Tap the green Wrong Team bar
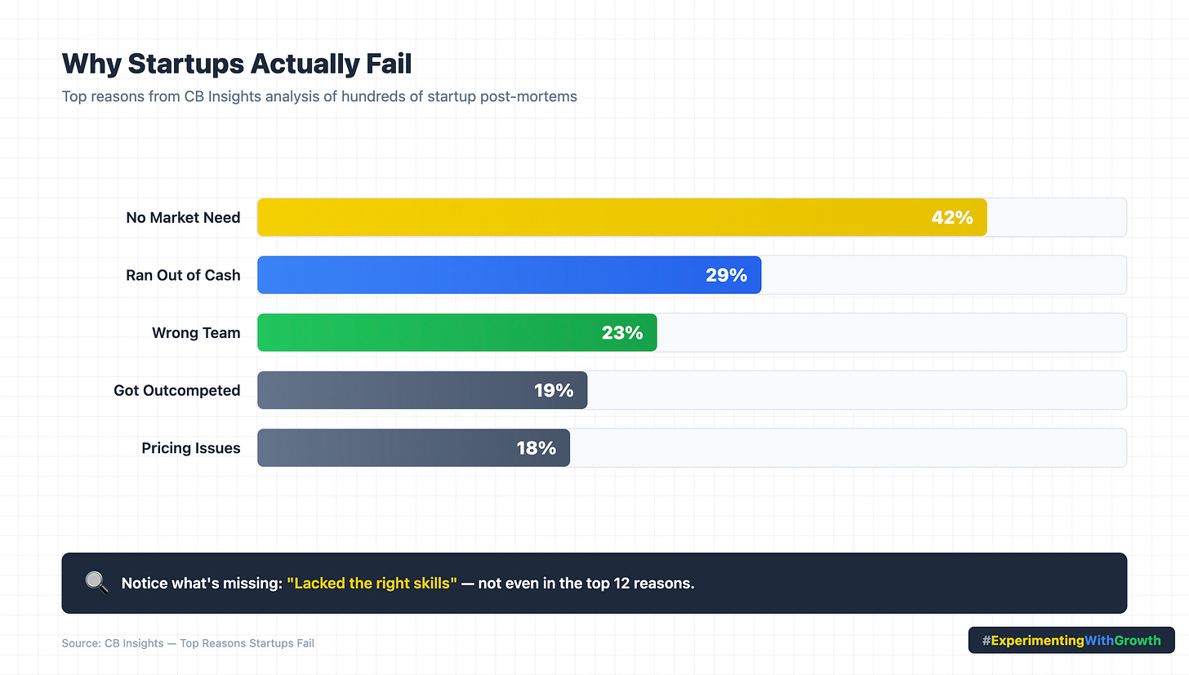433,332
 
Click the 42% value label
952,217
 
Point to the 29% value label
726,275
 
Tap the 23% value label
622,332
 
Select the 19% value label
554,390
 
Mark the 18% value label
536,448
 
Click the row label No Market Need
183,218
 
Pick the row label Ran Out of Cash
183,275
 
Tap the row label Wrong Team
196,333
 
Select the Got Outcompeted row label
177,390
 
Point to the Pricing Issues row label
191,448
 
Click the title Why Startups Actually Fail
237,64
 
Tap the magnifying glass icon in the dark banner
96,583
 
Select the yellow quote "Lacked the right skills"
372,584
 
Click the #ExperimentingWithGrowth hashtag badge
1071,641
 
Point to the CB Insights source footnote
188,643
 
